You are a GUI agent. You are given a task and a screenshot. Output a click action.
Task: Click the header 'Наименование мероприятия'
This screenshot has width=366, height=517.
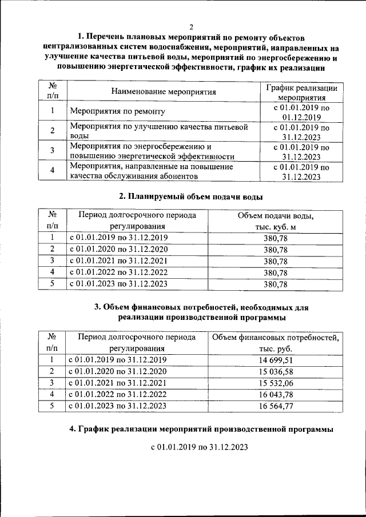(164, 91)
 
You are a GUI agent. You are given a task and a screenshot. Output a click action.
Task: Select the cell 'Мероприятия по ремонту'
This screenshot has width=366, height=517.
(117, 111)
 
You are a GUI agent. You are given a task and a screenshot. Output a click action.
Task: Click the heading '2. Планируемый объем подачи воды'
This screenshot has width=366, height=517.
(190, 197)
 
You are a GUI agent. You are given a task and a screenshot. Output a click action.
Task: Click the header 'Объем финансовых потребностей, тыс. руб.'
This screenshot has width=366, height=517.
(275, 343)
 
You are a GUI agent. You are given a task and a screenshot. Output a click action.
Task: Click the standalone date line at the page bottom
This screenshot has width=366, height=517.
(199, 447)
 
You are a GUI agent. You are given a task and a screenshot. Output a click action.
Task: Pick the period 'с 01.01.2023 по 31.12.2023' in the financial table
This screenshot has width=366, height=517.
(118, 406)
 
